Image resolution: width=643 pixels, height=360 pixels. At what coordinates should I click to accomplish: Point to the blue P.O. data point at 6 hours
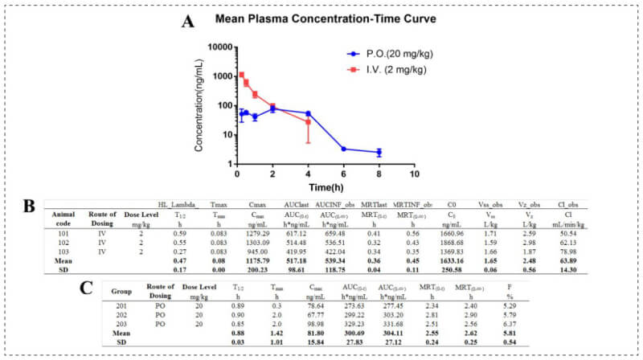coord(343,149)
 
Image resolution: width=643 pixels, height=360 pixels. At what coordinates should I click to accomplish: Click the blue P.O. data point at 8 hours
coord(379,152)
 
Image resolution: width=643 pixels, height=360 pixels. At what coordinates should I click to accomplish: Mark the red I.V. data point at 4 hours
coord(308,122)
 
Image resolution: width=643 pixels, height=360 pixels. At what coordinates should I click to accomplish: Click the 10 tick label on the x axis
coord(414,174)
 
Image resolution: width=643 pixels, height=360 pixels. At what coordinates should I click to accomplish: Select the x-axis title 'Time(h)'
coord(324,187)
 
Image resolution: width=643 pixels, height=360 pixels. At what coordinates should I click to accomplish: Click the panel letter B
coord(30,206)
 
